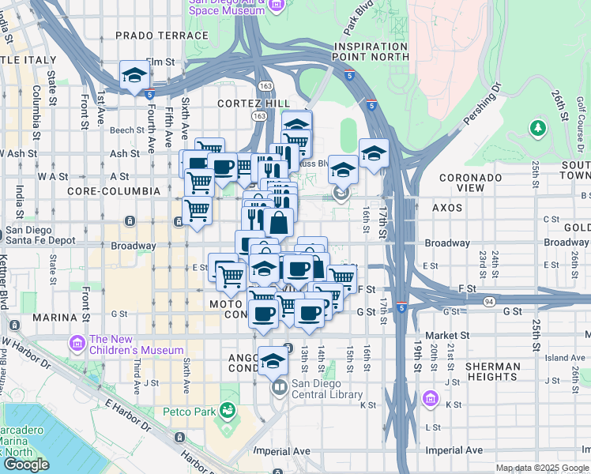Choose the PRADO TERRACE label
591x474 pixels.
click(x=149, y=36)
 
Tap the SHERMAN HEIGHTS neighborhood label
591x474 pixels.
click(x=492, y=372)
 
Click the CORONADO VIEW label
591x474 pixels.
click(x=472, y=182)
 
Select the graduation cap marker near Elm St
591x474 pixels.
click(x=135, y=76)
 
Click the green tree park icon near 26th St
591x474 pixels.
click(x=538, y=127)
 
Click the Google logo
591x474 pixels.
click(x=26, y=464)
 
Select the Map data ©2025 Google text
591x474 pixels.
click(x=542, y=468)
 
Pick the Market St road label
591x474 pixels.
click(x=442, y=335)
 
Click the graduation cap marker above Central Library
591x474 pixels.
click(x=272, y=361)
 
